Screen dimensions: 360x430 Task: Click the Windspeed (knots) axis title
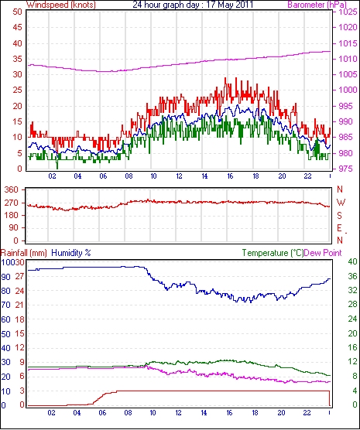61,5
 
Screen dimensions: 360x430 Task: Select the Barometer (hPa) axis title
317,5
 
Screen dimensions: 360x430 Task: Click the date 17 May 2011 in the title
230,5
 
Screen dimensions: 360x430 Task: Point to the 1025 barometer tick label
348,12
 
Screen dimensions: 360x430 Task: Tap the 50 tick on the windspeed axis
17,12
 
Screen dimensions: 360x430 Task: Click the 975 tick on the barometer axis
345,169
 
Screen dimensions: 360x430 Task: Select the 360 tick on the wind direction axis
12,189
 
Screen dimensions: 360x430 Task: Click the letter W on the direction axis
341,203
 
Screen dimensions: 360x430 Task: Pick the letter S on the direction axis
340,216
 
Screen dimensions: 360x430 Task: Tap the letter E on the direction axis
340,228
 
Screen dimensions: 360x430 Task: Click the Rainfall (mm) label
24,253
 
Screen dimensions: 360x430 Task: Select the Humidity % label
71,253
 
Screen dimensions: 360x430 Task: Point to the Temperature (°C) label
273,253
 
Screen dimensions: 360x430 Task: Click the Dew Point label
323,253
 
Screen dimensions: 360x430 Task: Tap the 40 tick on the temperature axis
352,261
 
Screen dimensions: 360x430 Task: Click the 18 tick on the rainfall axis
19,319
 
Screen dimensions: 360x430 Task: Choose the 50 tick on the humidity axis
5,334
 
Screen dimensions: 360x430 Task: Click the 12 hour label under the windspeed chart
179,176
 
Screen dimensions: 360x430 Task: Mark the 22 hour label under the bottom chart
307,412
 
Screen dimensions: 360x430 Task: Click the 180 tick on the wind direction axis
12,215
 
